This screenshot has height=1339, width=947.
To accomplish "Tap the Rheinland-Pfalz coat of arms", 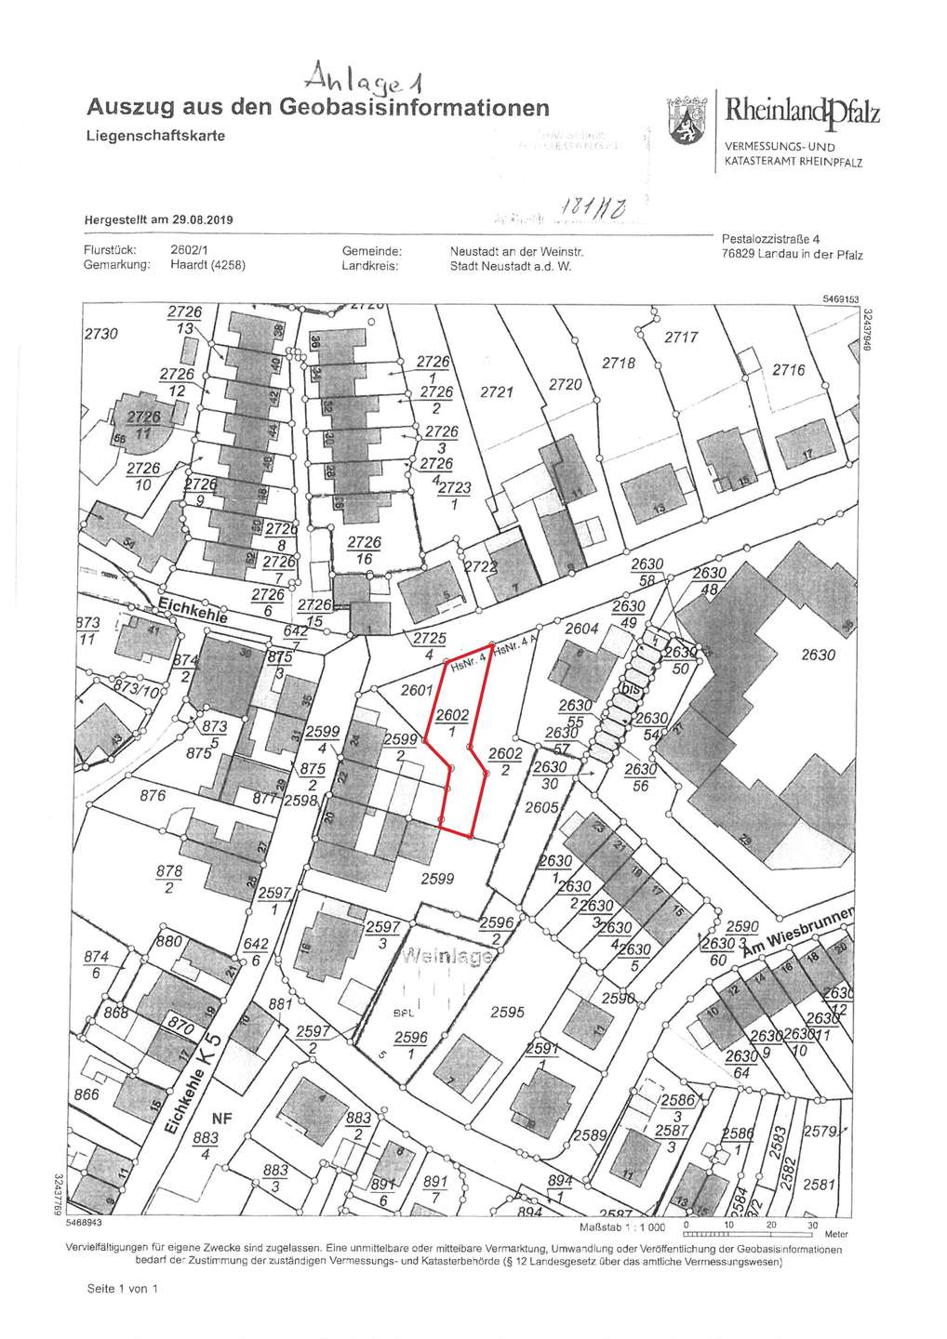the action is [686, 122].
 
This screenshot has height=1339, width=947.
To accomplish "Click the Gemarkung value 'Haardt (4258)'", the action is [208, 265].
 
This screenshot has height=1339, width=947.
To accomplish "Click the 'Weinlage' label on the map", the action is [445, 958].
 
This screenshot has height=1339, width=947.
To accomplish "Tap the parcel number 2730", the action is [102, 333].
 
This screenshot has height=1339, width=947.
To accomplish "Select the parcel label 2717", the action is [680, 338].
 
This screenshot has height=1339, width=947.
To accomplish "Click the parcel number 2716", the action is [788, 370].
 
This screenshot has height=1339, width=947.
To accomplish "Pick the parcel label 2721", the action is [496, 392].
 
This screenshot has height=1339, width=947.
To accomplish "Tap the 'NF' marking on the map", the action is [220, 1120].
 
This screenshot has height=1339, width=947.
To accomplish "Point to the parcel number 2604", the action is [582, 630].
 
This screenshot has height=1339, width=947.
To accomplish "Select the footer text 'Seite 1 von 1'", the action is [123, 1290].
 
